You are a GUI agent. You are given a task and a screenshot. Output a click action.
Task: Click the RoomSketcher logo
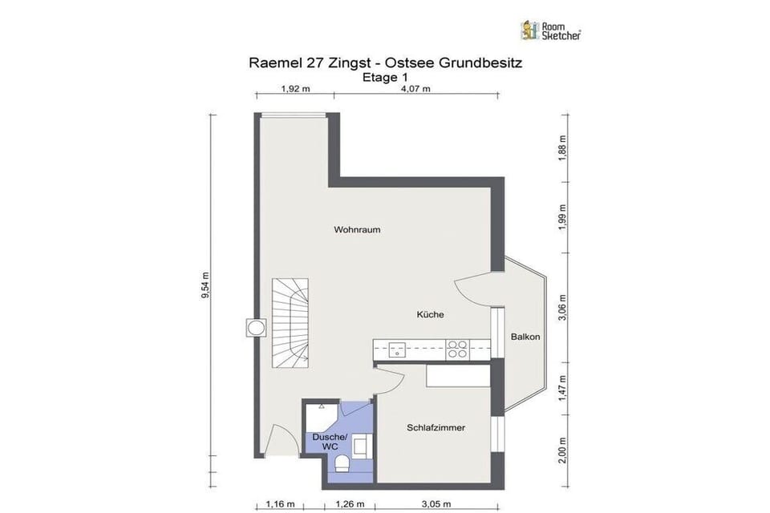pos(551,30)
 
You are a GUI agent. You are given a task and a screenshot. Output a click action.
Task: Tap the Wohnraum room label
pos(357,229)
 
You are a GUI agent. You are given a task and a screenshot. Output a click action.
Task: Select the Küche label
pos(430,314)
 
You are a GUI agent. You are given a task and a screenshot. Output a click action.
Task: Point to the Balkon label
pos(525,337)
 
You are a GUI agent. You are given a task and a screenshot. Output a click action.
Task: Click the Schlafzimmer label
pos(436,427)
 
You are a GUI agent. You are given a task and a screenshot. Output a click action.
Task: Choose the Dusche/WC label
pos(330,442)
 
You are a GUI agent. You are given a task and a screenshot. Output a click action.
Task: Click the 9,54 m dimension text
pos(206,285)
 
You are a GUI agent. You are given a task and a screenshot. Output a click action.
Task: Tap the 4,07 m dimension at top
pos(416,89)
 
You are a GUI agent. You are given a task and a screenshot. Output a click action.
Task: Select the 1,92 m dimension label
pos(296,89)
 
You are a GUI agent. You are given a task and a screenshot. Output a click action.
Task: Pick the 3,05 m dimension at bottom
pos(436,503)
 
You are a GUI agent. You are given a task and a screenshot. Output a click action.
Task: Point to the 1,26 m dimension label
pos(350,503)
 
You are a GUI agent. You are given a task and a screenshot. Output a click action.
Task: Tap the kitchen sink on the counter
pos(397,350)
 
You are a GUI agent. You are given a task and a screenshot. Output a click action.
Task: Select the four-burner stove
pos(457,349)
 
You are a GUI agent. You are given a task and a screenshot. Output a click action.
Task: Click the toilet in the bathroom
pos(342,463)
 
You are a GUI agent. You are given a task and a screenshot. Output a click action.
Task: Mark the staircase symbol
pos(290,322)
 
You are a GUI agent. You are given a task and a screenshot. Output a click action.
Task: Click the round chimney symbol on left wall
pos(256,327)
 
